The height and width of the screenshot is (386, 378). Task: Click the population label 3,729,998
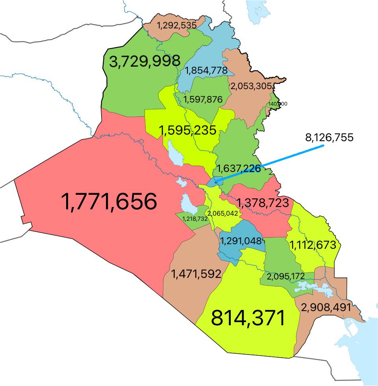coord(145,61)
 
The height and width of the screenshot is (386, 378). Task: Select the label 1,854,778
coord(206,71)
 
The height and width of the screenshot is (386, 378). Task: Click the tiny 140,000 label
coord(278,104)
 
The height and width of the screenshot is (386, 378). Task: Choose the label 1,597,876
coord(203,99)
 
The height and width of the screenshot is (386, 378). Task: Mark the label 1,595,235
coord(187,130)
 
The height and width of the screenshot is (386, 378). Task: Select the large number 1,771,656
coord(109,202)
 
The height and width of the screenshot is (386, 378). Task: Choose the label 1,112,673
coord(313,245)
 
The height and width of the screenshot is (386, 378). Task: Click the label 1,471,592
coord(196,274)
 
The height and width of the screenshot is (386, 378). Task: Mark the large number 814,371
coord(248,318)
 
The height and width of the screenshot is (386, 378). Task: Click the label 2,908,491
coord(326,307)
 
